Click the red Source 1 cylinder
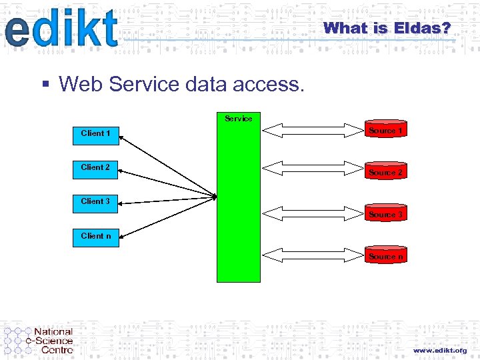pos(386,131)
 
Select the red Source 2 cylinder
pos(386,172)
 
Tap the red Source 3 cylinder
pos(386,214)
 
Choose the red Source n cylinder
pos(386,256)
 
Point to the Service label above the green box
pos(238,119)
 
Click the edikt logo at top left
pos(61,29)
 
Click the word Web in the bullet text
pos(81,84)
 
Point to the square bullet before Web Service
pos(45,84)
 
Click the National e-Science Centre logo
pos(39,340)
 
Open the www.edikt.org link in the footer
pos(439,350)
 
